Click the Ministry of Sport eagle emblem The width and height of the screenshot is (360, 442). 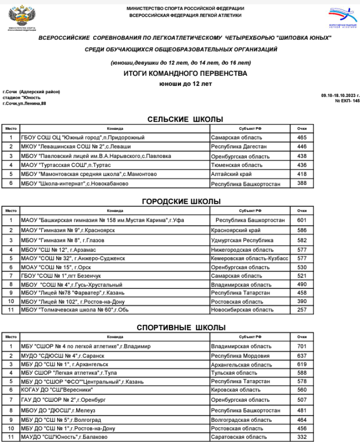[x=20, y=18]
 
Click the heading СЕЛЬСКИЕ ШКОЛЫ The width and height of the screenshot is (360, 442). [x=185, y=120]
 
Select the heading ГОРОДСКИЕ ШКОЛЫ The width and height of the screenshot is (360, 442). [x=181, y=201]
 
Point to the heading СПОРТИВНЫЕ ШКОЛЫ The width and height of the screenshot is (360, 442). [x=181, y=328]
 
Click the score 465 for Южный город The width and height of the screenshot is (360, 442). [x=301, y=138]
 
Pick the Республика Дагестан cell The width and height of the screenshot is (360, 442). [x=239, y=147]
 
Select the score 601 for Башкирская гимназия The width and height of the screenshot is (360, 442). [x=301, y=221]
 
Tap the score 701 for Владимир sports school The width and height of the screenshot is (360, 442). [x=301, y=346]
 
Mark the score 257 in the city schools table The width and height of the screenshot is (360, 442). [x=301, y=310]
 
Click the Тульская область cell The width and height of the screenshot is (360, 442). [x=234, y=373]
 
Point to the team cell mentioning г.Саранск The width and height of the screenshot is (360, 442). [x=62, y=356]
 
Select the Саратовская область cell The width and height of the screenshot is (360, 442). [x=239, y=437]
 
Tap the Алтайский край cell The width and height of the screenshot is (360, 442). [x=232, y=174]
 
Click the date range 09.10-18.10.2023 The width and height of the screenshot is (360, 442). [x=340, y=95]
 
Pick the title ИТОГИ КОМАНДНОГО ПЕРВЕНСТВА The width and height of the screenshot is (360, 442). [x=185, y=74]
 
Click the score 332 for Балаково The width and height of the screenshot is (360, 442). [x=301, y=437]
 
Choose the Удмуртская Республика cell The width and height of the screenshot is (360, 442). [x=242, y=240]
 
